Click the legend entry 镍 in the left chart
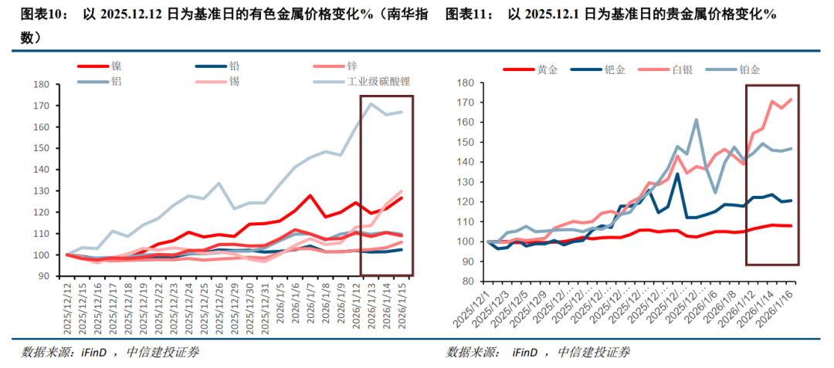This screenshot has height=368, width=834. tap(116, 66)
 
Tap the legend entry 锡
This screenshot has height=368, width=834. tap(234, 80)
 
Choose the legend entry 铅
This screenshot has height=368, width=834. tap(234, 66)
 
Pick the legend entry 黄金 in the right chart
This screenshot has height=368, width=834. tap(548, 69)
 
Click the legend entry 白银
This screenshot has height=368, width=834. tap(683, 69)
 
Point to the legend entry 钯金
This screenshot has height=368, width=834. tap(615, 69)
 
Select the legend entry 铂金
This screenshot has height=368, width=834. tap(750, 69)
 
